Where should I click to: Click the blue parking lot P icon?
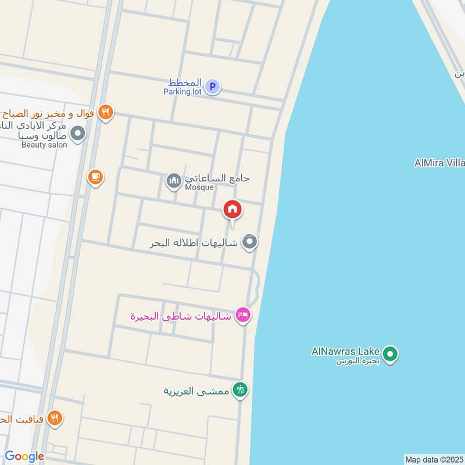coord(213,87)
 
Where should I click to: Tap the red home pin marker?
coord(233,209)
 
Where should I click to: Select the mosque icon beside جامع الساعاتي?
coord(173,181)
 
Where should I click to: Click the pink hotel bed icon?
coord(243,315)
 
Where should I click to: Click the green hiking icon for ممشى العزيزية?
coord(239,390)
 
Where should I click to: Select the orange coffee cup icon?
coord(95,177)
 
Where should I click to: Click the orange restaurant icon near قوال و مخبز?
coord(105,112)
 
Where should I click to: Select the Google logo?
coord(24,456)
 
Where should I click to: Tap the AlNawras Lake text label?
coord(345,351)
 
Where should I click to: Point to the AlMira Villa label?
coord(439,163)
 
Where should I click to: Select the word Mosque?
coord(199,187)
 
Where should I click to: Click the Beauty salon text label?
coord(44,144)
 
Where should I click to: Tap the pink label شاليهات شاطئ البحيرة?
coord(181,316)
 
